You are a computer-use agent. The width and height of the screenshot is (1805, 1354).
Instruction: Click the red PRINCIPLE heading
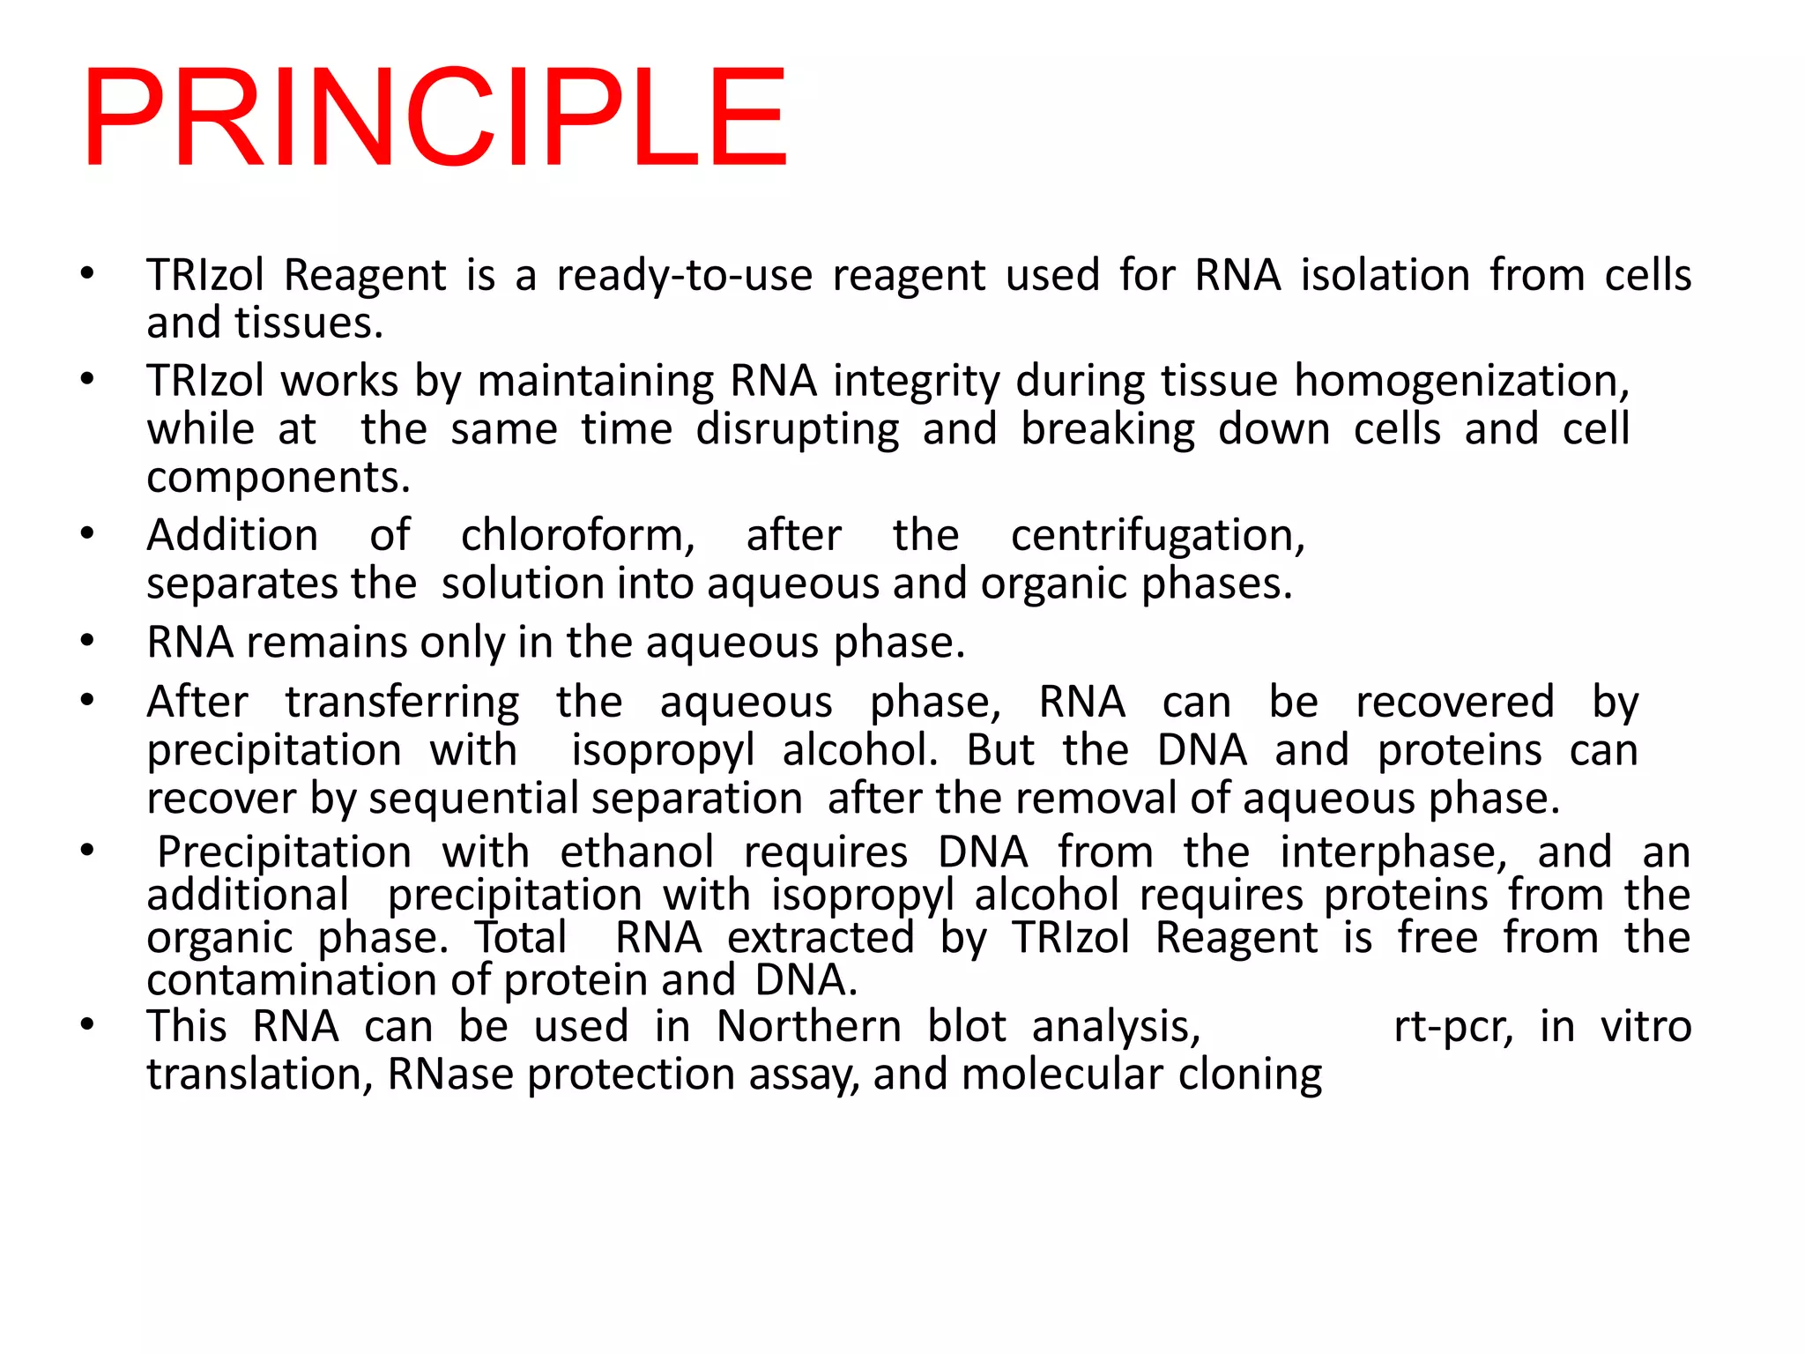point(434,117)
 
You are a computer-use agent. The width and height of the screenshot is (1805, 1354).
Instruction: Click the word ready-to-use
point(684,275)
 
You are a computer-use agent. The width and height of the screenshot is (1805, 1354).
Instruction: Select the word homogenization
point(1460,382)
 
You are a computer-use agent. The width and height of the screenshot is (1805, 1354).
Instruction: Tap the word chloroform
point(577,535)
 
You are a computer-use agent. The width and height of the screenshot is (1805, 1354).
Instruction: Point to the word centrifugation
point(1157,535)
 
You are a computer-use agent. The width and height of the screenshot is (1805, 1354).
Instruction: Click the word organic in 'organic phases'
point(1055,584)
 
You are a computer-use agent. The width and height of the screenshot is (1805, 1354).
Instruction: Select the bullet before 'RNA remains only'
point(86,641)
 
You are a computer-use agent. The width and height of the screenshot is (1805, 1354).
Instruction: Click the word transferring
point(402,703)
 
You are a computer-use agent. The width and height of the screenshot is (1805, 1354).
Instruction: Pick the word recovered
point(1454,703)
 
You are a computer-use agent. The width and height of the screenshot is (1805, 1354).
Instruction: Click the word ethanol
point(636,852)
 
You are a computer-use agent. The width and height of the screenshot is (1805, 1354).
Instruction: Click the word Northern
point(808,1027)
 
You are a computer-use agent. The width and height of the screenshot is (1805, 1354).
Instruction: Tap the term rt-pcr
point(1452,1027)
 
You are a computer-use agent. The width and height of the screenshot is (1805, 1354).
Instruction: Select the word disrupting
point(797,430)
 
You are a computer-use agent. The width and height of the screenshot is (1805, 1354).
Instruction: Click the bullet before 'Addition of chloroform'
point(86,534)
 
